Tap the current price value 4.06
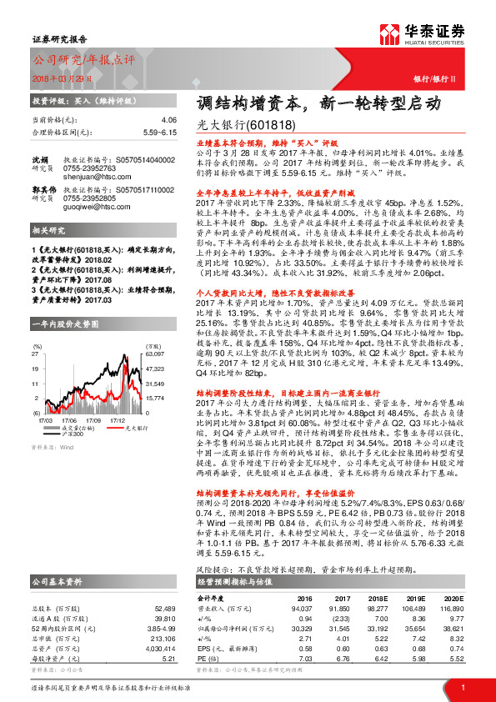point(169,120)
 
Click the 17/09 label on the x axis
point(93,421)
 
